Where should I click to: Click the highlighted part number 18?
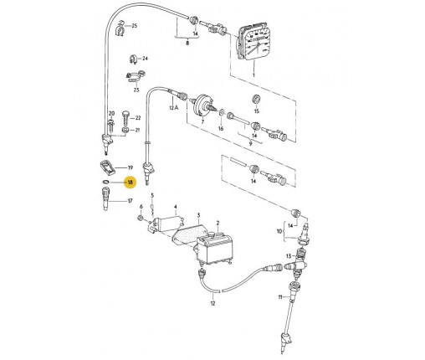[131, 183]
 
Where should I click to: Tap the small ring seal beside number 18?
[105, 182]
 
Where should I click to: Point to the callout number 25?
[135, 26]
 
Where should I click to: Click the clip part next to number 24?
[133, 59]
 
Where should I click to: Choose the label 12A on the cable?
[173, 108]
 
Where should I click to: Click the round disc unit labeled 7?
[203, 105]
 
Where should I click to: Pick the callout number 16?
[221, 129]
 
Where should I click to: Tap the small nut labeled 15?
[256, 99]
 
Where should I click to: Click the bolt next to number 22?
[125, 118]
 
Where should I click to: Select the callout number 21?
[137, 130]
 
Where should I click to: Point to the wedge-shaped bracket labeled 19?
[107, 167]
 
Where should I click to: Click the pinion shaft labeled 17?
[107, 199]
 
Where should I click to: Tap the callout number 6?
[141, 207]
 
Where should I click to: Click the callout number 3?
[198, 215]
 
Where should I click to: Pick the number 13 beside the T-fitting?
[289, 256]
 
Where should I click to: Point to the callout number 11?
[280, 297]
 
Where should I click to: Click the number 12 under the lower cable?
[212, 303]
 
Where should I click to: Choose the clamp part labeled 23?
[136, 77]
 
